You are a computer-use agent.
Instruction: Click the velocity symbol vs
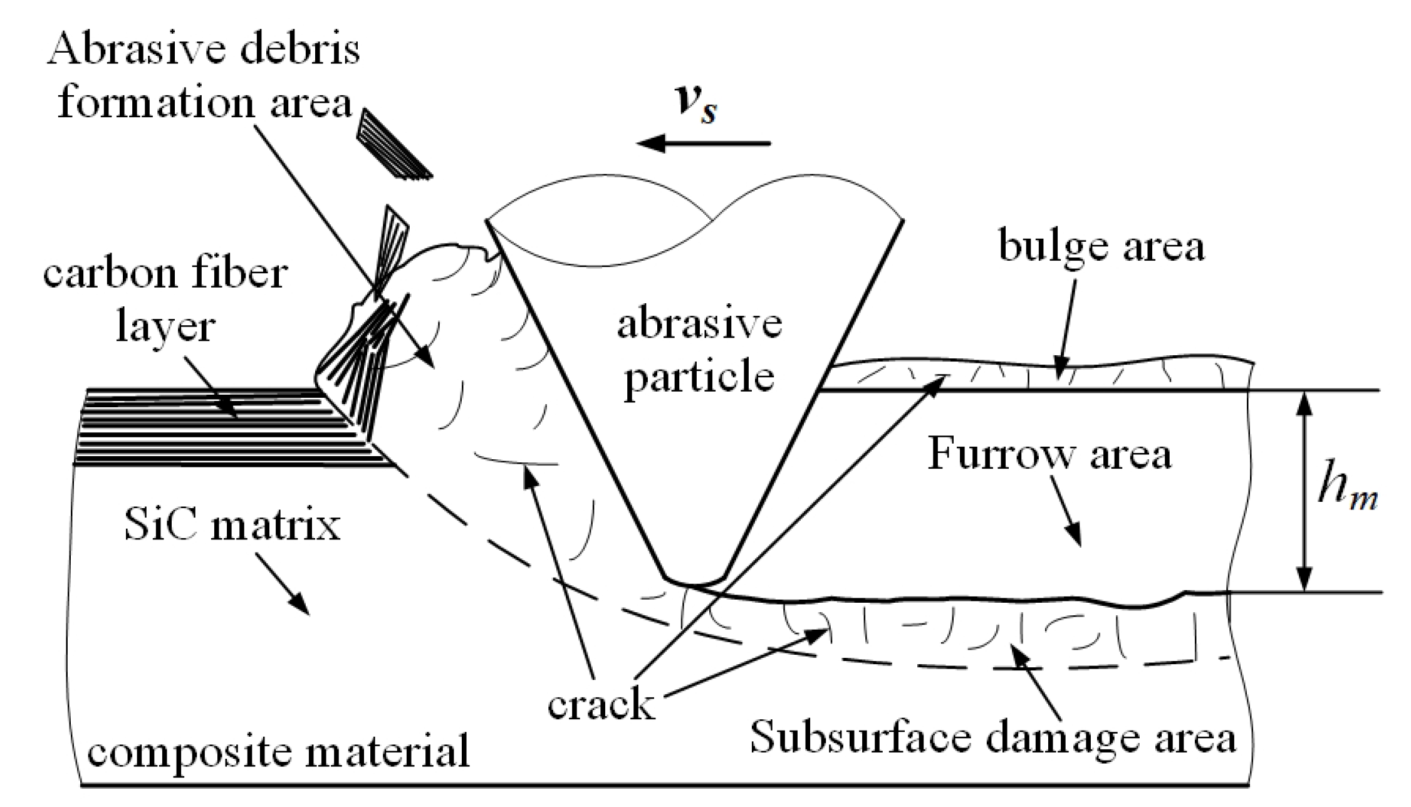[x=697, y=103]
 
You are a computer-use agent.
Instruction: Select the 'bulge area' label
[x=1101, y=246]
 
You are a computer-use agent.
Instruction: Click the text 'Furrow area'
[x=1049, y=454]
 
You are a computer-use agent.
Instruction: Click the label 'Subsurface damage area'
[x=993, y=737]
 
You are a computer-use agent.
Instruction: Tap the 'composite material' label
[x=278, y=752]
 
